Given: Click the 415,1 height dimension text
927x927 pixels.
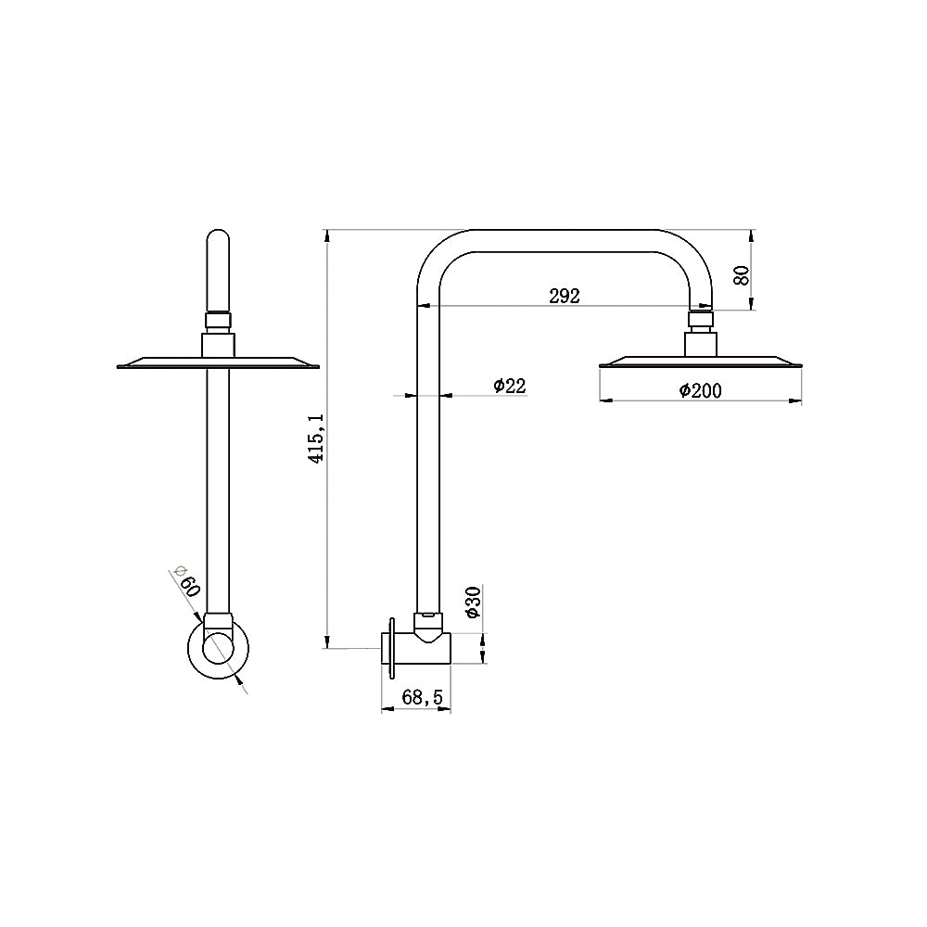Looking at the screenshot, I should click(316, 438).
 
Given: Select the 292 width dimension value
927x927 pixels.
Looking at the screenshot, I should click(564, 297).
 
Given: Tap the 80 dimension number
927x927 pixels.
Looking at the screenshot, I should click(741, 274).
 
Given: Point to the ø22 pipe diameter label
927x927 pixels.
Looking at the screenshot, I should click(509, 386).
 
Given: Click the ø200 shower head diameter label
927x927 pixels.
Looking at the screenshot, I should click(700, 391).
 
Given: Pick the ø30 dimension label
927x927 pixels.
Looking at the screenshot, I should click(472, 603).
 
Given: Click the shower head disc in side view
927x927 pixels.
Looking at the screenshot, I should click(701, 362).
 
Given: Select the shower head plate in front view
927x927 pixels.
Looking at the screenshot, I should click(217, 362).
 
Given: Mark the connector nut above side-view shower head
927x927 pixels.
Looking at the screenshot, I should click(701, 322).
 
